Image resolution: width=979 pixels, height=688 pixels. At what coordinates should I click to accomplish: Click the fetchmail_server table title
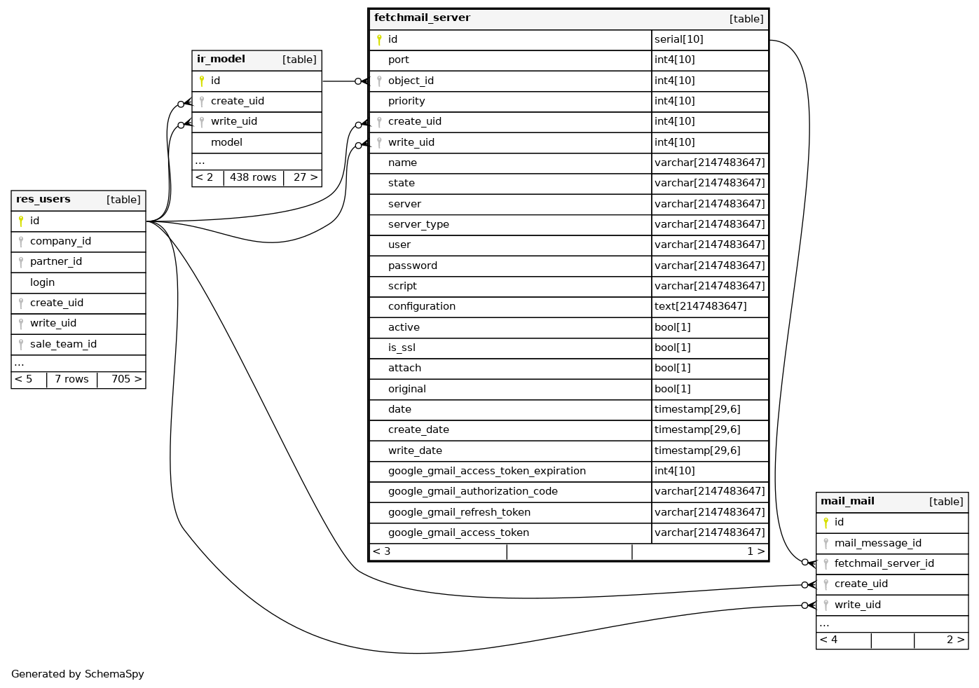[x=422, y=18]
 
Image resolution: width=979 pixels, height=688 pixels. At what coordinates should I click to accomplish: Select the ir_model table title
[x=221, y=60]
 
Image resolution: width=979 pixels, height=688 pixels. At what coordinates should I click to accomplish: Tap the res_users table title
[x=43, y=200]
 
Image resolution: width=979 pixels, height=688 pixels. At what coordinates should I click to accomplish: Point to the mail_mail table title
[x=847, y=502]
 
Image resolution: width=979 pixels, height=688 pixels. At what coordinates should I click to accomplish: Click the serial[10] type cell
[x=678, y=40]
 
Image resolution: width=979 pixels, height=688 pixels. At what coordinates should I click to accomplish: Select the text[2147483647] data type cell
[x=700, y=307]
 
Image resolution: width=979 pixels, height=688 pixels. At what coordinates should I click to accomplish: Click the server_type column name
[x=418, y=225]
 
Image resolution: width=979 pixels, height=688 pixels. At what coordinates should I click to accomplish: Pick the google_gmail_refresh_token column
[x=459, y=513]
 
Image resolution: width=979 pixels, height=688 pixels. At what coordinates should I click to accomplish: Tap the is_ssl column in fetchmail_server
[x=402, y=348]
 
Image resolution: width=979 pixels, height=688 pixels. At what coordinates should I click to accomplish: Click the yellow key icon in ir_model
[x=202, y=81]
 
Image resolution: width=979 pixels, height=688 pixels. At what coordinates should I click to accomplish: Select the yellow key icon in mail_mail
[x=826, y=523]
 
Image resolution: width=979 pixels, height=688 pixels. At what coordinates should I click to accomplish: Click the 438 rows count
[x=253, y=178]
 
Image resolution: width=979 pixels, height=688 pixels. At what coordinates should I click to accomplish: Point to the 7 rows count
[x=71, y=380]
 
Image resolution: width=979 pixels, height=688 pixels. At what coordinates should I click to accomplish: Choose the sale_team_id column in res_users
[x=63, y=345]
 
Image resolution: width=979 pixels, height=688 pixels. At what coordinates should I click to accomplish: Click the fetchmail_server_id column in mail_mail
[x=884, y=564]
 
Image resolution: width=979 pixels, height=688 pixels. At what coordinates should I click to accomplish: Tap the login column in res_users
[x=42, y=283]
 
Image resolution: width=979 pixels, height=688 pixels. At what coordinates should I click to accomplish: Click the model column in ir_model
[x=226, y=143]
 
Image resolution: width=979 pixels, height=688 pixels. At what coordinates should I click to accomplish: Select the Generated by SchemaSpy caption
[x=78, y=675]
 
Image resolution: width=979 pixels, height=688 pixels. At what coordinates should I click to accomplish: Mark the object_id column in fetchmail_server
[x=411, y=81]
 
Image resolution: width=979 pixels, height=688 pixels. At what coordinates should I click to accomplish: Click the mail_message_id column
[x=877, y=544]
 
